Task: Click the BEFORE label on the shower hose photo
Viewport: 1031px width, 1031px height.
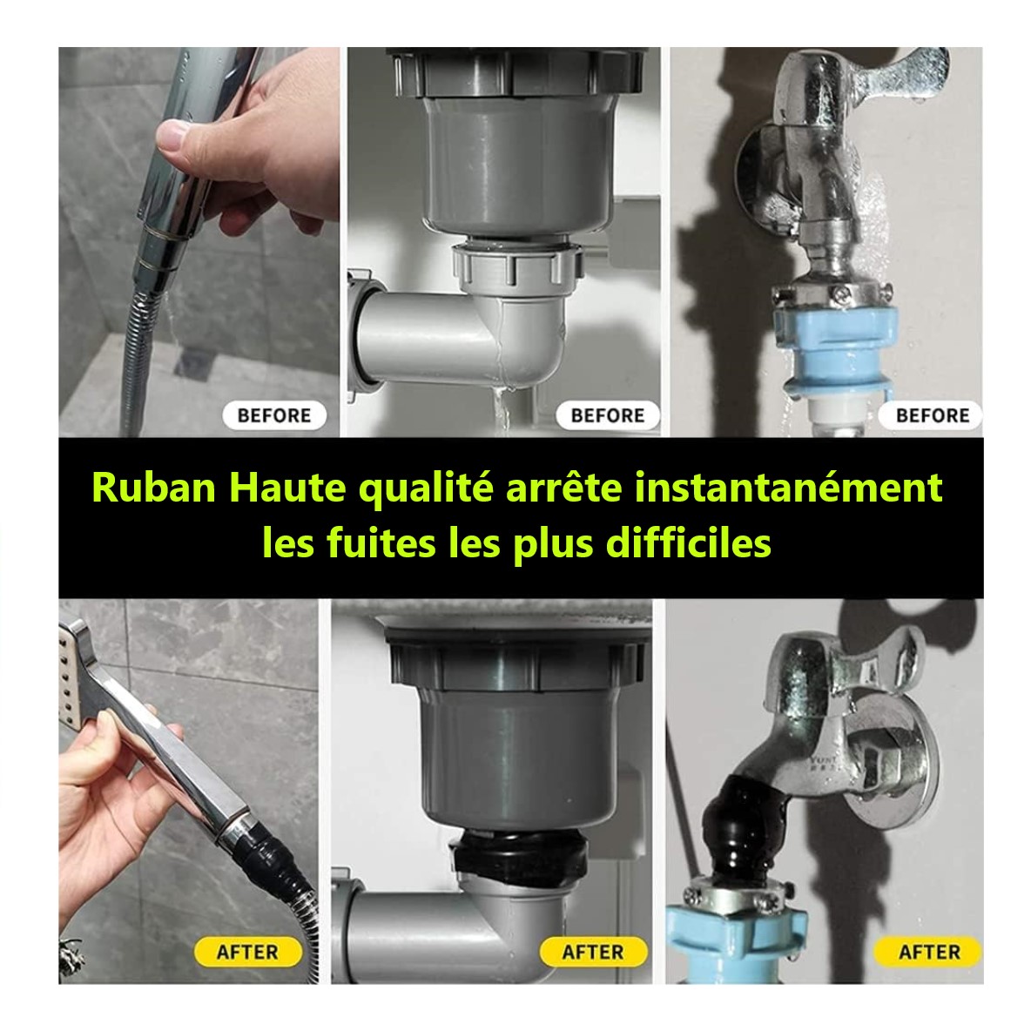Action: pyautogui.click(x=274, y=415)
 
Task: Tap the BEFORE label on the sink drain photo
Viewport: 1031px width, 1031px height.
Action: pyautogui.click(x=608, y=415)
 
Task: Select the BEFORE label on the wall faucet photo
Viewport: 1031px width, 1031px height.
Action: pyautogui.click(x=932, y=415)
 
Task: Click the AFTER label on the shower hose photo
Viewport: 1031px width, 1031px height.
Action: pyautogui.click(x=247, y=952)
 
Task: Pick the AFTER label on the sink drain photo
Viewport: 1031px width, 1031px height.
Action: pyautogui.click(x=593, y=952)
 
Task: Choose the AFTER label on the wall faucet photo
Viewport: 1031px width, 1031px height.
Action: pyautogui.click(x=928, y=952)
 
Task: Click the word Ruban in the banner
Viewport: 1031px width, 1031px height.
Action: pyautogui.click(x=154, y=488)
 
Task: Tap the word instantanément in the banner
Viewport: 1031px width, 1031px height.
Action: pyautogui.click(x=788, y=488)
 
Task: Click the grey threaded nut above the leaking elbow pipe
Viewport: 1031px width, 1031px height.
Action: pyautogui.click(x=517, y=266)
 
